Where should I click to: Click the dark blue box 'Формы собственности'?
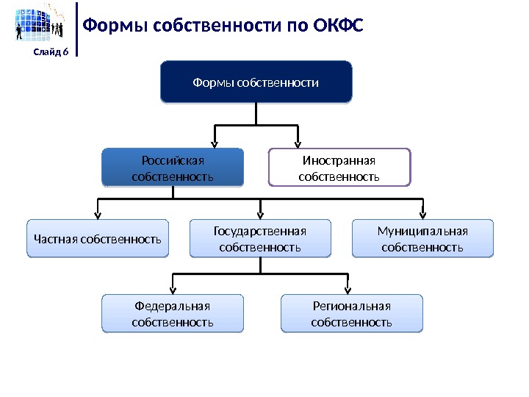point(256,82)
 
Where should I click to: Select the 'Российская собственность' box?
point(172,168)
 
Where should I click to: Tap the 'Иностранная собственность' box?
point(339,168)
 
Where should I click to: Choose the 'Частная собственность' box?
point(98,239)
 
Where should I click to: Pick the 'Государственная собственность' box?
point(260,239)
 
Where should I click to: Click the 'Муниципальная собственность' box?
point(422,239)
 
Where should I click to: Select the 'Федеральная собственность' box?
point(172,314)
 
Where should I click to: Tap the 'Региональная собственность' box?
point(352,314)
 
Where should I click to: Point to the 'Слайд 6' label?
point(51,51)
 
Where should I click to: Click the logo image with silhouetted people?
point(41,24)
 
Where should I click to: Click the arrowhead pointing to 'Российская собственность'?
point(215,142)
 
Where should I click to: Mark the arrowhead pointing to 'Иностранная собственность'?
point(298,142)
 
